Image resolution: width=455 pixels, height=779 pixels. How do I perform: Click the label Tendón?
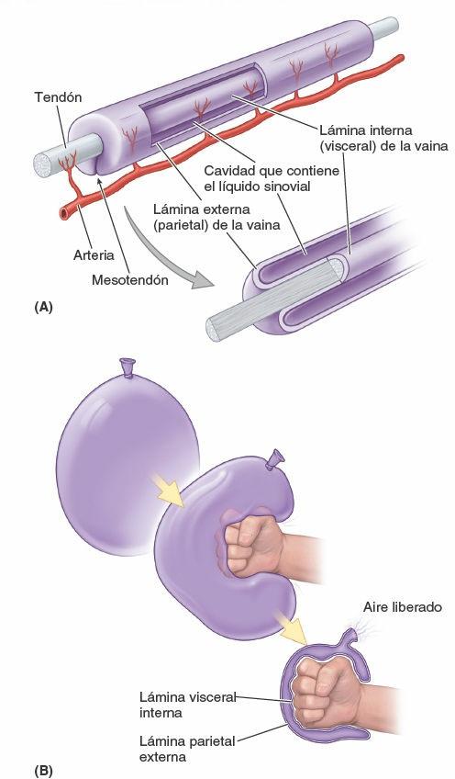click(58, 96)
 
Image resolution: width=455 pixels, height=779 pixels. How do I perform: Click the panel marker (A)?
click(42, 309)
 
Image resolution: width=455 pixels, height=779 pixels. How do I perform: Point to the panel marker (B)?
click(42, 768)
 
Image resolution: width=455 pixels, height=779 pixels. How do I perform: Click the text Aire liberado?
click(403, 607)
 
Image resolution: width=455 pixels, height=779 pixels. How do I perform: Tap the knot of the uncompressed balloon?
click(129, 367)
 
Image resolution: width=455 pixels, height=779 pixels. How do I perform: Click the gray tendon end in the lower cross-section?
click(227, 324)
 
